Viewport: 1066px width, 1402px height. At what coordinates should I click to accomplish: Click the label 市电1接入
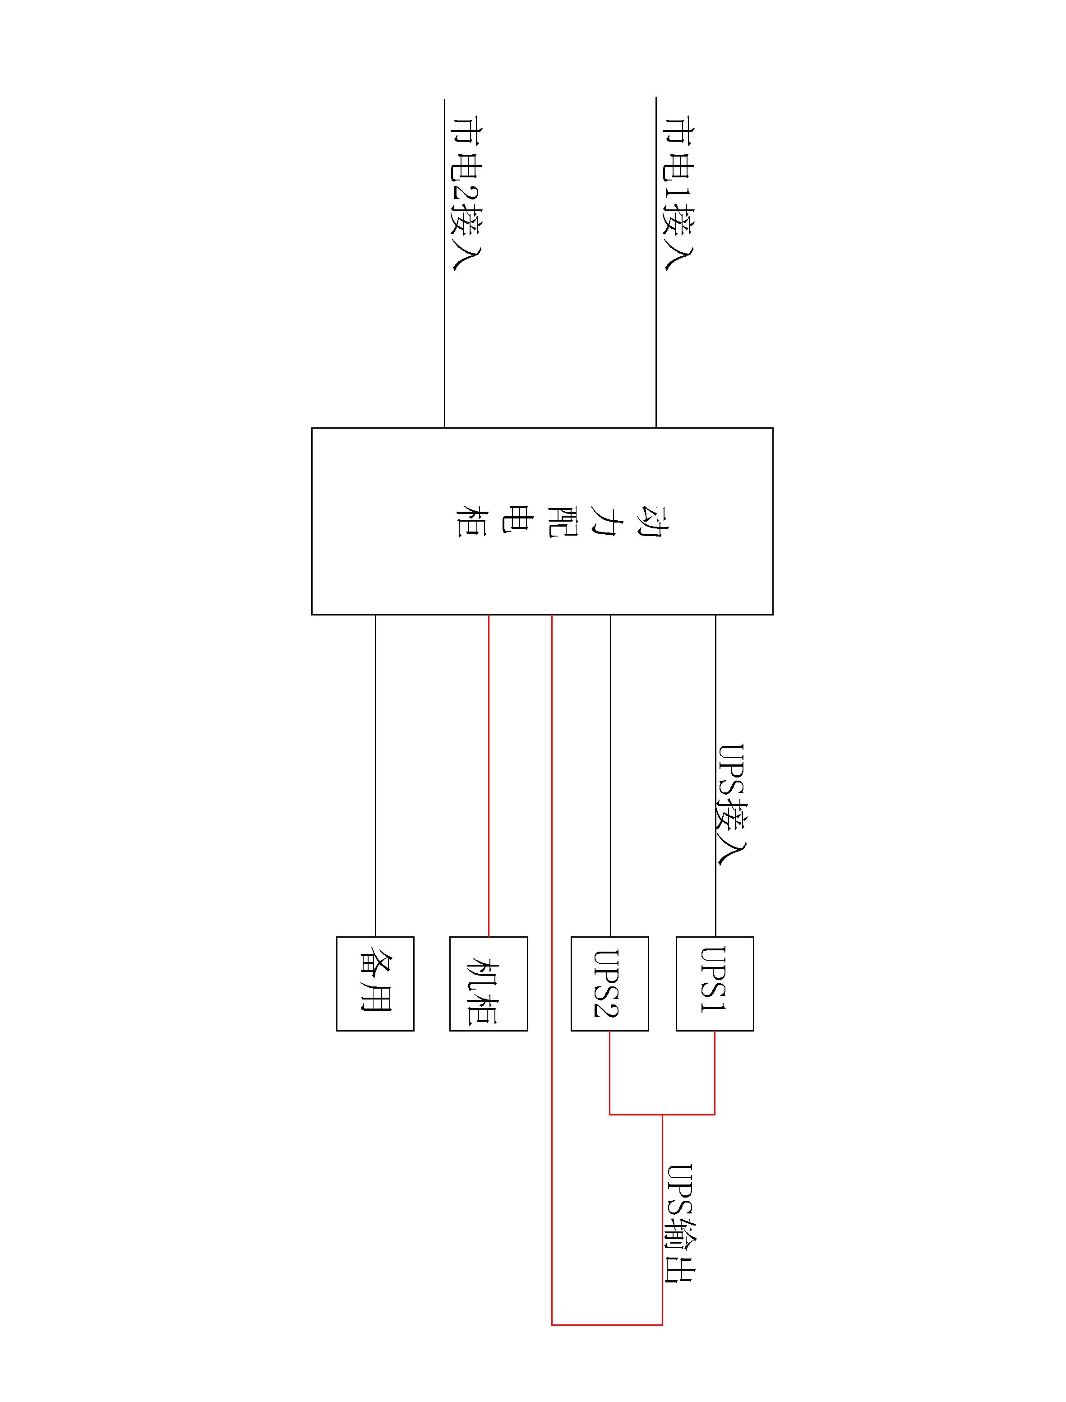pyautogui.click(x=678, y=194)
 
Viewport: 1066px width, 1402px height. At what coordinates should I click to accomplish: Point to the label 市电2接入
pyautogui.click(x=465, y=194)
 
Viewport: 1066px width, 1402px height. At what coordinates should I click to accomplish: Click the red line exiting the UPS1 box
pyautogui.click(x=715, y=1073)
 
